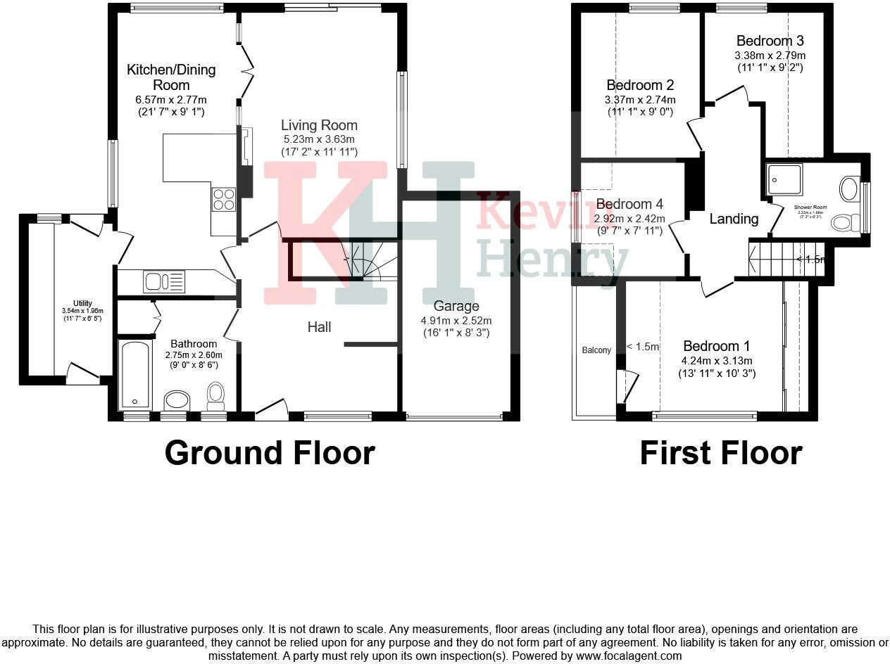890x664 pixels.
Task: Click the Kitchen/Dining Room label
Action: (x=171, y=77)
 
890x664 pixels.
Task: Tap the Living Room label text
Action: (x=319, y=126)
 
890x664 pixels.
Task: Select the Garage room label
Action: (x=456, y=306)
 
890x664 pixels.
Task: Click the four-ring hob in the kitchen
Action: (x=224, y=199)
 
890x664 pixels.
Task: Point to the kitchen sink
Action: (x=163, y=281)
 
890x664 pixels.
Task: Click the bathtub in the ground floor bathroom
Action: (x=136, y=376)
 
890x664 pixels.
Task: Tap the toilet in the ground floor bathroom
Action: (x=215, y=395)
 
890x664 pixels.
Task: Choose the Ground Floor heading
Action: (x=269, y=453)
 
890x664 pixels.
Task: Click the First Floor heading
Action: (x=720, y=453)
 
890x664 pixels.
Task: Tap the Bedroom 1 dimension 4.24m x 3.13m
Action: (x=717, y=362)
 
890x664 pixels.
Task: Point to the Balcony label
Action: (x=596, y=350)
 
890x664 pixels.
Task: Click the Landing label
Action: (x=734, y=219)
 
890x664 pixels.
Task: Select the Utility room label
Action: (x=83, y=303)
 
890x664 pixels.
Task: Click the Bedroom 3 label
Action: (x=770, y=41)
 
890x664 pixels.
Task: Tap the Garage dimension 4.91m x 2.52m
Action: (x=456, y=320)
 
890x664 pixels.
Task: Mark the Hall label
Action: (x=319, y=326)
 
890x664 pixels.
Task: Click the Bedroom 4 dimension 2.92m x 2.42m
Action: (x=629, y=218)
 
